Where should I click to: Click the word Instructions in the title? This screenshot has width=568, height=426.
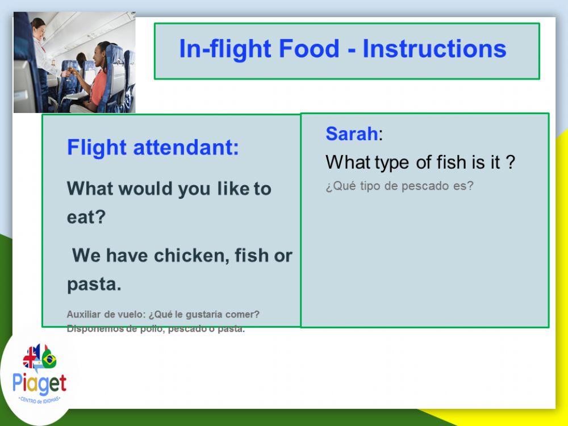click(434, 49)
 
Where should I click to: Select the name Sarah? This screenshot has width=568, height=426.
click(352, 133)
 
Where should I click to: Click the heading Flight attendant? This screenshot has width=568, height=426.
click(153, 148)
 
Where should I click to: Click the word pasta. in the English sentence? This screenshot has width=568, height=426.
click(94, 284)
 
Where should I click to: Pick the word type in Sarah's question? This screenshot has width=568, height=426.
click(391, 163)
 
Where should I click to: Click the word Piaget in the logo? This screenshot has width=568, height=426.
click(39, 383)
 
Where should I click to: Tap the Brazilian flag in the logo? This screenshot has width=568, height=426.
click(49, 359)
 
